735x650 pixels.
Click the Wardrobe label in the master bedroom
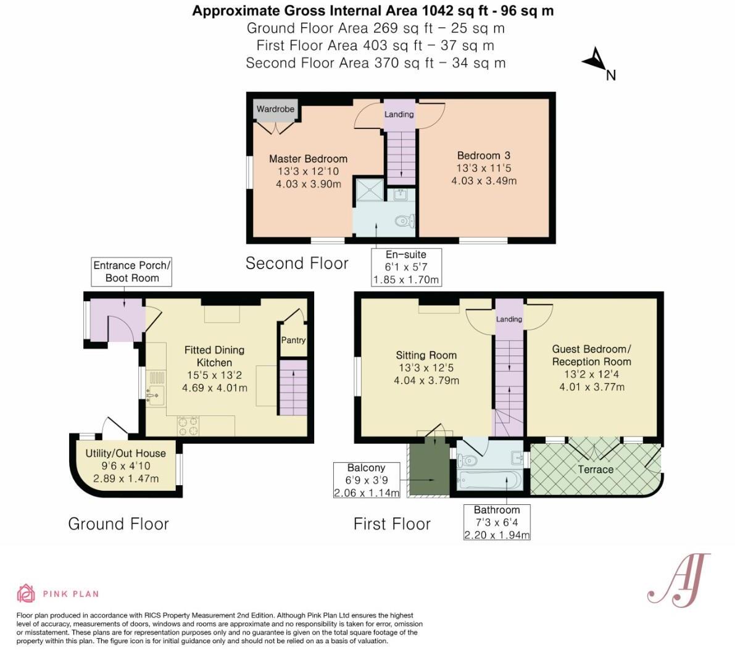tap(275, 109)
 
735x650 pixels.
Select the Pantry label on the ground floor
tap(293, 340)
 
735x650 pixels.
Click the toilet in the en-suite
tap(405, 220)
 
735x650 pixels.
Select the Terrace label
tap(596, 470)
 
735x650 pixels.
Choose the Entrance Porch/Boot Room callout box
tap(131, 272)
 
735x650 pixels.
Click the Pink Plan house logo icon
tap(26, 593)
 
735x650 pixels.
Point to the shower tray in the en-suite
tap(368, 190)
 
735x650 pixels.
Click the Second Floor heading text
tap(297, 264)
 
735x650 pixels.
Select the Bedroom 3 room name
tap(483, 156)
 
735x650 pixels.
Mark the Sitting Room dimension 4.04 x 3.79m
tap(426, 381)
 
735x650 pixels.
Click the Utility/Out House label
tap(125, 454)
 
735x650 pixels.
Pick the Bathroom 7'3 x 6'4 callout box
tap(497, 522)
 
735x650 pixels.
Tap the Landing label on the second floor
tap(399, 114)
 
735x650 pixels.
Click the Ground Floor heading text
tap(118, 524)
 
